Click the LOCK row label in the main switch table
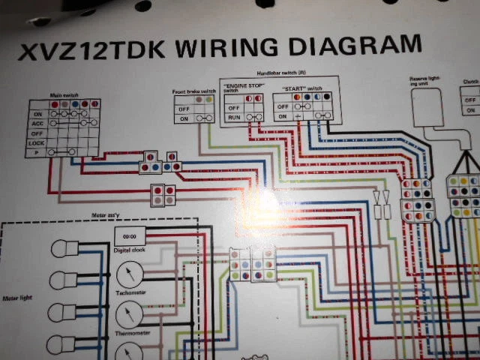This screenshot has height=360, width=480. [x=36, y=142]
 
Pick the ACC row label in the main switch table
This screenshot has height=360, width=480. [x=36, y=122]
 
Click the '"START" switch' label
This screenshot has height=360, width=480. [x=299, y=88]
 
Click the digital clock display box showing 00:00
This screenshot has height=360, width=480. [x=130, y=236]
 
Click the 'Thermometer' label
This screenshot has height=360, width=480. [x=130, y=333]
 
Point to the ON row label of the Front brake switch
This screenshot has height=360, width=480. [x=183, y=118]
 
